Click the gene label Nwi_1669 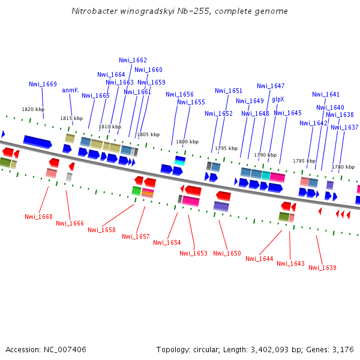[x=43, y=84]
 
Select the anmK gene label [x=70, y=90]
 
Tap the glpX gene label [x=278, y=99]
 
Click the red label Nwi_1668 [x=38, y=217]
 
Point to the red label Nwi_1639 [x=322, y=268]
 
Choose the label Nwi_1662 [x=133, y=60]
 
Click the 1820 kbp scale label [x=33, y=109]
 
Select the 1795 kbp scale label [x=226, y=148]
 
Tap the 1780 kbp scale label [x=343, y=167]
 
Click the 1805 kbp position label [x=148, y=134]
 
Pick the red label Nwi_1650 [x=227, y=253]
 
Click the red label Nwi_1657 [x=136, y=236]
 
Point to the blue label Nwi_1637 [x=344, y=127]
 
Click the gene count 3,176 [x=342, y=349]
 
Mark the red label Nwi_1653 [x=193, y=253]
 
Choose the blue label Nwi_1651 [x=229, y=91]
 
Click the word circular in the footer [x=210, y=349]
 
